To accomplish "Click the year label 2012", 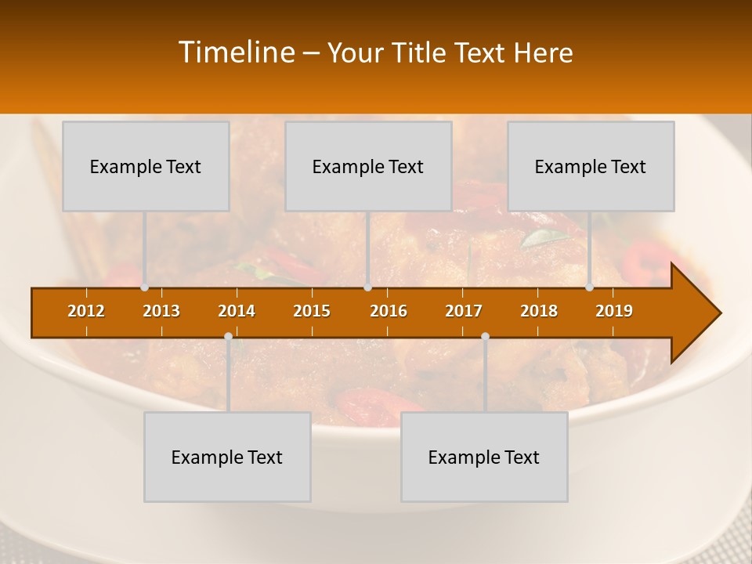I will point(86,312).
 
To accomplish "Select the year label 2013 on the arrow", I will point(161,312).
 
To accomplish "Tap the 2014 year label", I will point(237,312).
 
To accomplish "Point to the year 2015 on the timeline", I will point(312,312).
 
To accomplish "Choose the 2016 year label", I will point(389,312).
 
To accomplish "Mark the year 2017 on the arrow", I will point(464,312).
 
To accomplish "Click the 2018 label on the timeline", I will point(539,312).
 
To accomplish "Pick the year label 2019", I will point(614,312).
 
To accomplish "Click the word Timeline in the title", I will point(236,52).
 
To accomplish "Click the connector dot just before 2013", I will point(144,287).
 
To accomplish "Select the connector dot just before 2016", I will point(367,287).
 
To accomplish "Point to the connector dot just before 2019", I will point(590,287).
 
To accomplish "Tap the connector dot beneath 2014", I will point(228,337).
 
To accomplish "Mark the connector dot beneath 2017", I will point(485,337).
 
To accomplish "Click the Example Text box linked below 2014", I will point(227,457).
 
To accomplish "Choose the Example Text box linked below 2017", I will point(484,457).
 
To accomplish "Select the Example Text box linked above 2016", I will point(368,166).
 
